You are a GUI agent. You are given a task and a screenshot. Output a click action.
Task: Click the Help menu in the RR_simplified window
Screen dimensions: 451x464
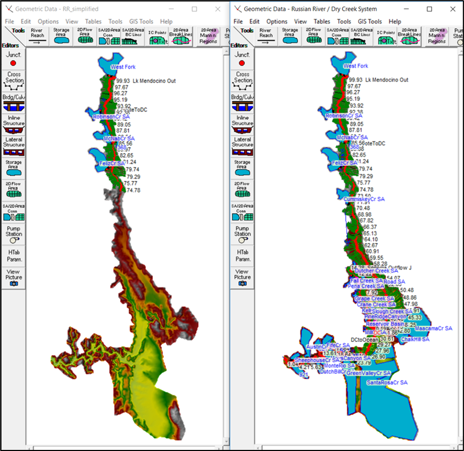coord(166,22)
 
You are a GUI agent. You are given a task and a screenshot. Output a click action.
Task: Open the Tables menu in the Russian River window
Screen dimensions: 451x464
coord(322,22)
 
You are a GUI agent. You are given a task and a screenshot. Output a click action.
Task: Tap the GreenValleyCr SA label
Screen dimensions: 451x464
coord(368,373)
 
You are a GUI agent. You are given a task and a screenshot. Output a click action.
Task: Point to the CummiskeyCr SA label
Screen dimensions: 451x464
coord(364,199)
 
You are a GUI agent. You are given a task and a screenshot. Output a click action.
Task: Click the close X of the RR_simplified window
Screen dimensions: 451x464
coord(217,9)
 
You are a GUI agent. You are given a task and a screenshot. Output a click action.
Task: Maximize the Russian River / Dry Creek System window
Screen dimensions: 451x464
coord(429,9)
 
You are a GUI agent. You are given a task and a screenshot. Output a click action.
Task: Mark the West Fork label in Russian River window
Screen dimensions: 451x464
coord(356,66)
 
